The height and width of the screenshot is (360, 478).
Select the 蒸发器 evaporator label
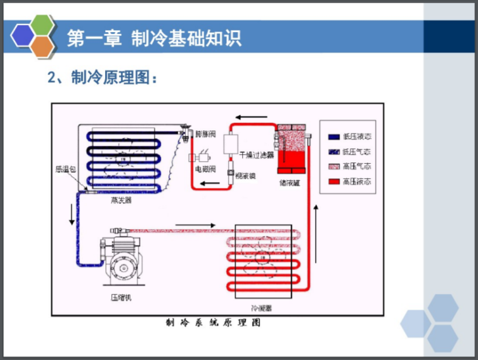(x=121, y=201)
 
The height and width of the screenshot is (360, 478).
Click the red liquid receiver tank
(x=291, y=151)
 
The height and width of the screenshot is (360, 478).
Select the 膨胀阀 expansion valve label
(x=206, y=134)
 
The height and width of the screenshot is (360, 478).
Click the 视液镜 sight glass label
(x=245, y=176)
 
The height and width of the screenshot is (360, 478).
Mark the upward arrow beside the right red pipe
(x=319, y=217)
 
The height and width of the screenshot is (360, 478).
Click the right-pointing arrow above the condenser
(x=196, y=225)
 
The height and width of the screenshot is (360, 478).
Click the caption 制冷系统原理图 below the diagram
(x=213, y=323)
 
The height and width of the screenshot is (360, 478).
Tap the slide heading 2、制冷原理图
(x=101, y=78)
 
